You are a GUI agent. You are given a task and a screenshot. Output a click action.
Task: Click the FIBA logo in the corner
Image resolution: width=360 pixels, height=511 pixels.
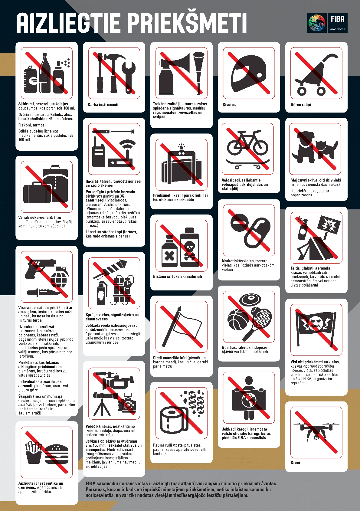click(327, 23)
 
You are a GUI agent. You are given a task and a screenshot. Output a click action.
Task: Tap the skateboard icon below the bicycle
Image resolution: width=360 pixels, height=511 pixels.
click(248, 164)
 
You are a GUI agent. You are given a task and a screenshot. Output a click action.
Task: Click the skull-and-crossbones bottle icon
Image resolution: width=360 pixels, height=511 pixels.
click(189, 247)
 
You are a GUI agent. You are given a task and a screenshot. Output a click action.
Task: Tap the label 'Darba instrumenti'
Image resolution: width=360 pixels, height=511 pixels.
click(103, 104)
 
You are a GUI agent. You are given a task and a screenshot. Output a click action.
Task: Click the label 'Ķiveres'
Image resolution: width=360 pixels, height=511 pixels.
click(229, 104)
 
